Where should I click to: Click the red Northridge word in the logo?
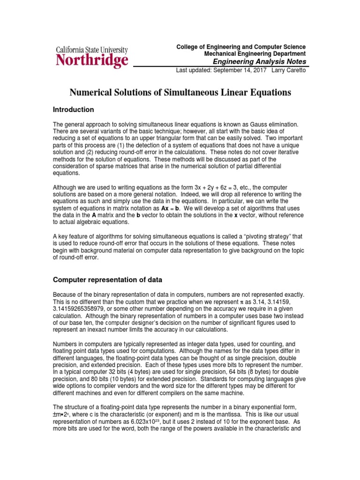click(92, 60)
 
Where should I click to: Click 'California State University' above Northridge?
click(92, 49)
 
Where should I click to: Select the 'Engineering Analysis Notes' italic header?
click(260, 61)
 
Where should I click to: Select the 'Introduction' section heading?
click(74, 110)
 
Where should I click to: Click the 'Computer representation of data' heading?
click(107, 280)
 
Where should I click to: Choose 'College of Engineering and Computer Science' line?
click(240, 47)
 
